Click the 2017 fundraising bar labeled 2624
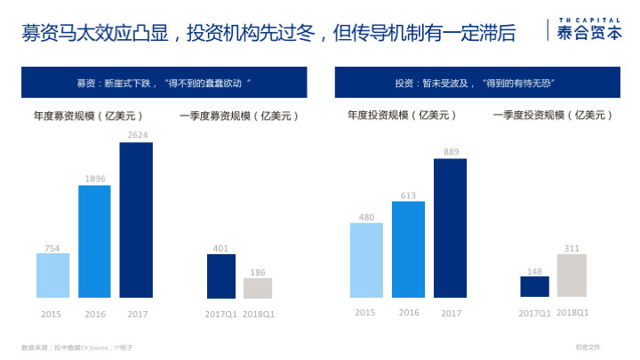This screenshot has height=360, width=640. (x=136, y=220)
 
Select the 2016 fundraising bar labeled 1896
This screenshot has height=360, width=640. (x=94, y=241)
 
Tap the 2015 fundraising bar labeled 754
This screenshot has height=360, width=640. (x=52, y=276)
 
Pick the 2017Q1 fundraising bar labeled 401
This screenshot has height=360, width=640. (x=220, y=276)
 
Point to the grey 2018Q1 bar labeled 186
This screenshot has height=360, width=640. (x=258, y=288)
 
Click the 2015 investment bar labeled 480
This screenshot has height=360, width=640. (x=366, y=260)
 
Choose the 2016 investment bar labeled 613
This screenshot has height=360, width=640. (x=408, y=250)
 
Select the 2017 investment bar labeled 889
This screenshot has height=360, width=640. (x=451, y=228)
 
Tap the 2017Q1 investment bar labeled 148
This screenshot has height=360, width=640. (x=534, y=286)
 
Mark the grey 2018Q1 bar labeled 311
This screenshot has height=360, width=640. (x=572, y=276)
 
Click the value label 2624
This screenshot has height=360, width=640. (x=137, y=135)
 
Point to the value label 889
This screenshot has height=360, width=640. (x=451, y=152)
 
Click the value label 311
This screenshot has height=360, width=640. (x=572, y=248)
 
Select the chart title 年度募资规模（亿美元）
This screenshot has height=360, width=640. (x=88, y=116)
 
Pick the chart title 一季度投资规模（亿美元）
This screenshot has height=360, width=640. (x=551, y=116)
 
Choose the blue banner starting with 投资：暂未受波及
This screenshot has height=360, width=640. (x=481, y=83)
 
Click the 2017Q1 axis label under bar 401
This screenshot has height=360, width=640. (x=220, y=314)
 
